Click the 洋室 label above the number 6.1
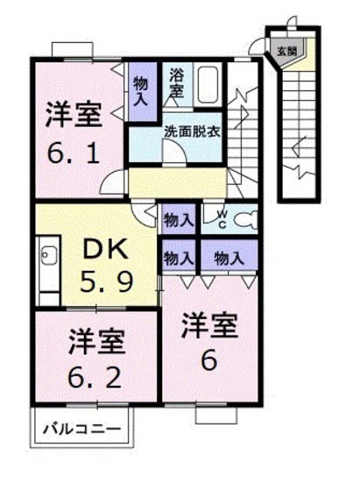point(73,115)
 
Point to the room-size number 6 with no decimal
point(209,359)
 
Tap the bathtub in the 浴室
point(209,85)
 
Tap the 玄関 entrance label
point(286,52)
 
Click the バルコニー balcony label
point(87,429)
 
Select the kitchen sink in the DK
point(47,257)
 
